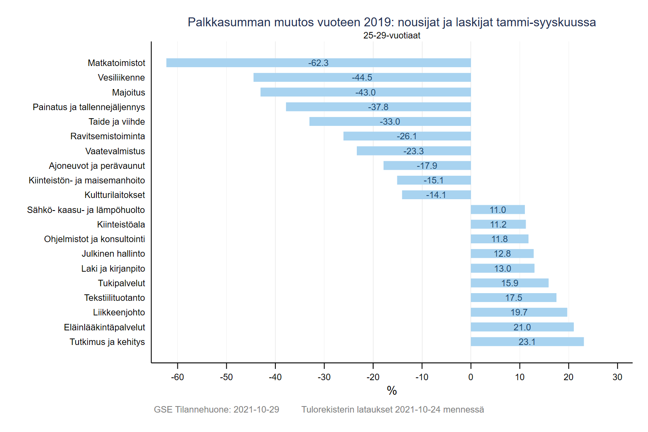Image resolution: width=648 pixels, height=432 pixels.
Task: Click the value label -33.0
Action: tap(390, 121)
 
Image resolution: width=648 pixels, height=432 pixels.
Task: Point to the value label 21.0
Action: tap(522, 327)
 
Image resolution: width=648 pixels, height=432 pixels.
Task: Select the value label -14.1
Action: tap(436, 195)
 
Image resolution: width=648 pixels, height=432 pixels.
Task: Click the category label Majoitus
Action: tap(128, 92)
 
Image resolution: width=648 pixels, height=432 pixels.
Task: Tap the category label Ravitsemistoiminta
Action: tap(107, 136)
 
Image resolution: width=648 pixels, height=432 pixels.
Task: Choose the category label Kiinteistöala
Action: tap(121, 224)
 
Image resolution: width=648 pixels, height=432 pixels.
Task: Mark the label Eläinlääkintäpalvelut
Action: tap(104, 327)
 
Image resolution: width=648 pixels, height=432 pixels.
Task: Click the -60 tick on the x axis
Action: tap(177, 377)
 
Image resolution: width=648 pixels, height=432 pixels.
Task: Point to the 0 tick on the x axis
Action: tap(471, 377)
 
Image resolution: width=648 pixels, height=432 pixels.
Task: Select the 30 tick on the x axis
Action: tap(617, 377)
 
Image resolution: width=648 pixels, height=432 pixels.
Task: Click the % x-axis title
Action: tap(392, 391)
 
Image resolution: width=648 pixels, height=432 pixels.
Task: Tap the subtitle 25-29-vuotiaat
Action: tap(392, 36)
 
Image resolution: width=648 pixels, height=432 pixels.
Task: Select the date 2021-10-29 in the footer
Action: tap(256, 410)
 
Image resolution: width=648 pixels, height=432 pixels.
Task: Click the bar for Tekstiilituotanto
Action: tap(513, 298)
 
